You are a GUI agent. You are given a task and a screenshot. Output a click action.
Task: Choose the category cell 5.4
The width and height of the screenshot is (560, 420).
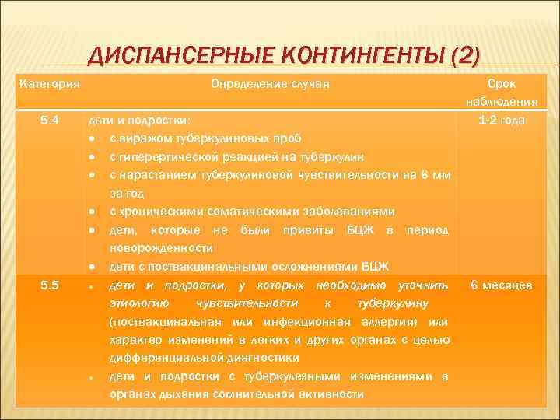point(51,121)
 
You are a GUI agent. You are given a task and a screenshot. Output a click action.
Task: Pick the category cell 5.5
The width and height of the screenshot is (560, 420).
point(51,285)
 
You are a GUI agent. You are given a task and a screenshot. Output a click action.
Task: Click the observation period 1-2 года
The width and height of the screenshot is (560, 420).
point(502,121)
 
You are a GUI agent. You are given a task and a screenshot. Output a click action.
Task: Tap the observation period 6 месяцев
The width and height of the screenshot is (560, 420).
point(502,285)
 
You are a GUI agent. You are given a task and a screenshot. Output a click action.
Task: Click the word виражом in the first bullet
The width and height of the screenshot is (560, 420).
point(142,138)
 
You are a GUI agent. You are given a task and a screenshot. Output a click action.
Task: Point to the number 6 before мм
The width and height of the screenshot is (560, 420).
point(425,175)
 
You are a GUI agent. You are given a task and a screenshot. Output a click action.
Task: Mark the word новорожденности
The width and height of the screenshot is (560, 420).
point(161,248)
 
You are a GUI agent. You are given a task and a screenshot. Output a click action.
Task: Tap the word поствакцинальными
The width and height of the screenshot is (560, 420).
point(187,267)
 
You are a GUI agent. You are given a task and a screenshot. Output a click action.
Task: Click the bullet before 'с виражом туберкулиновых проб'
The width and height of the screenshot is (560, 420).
point(93,138)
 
